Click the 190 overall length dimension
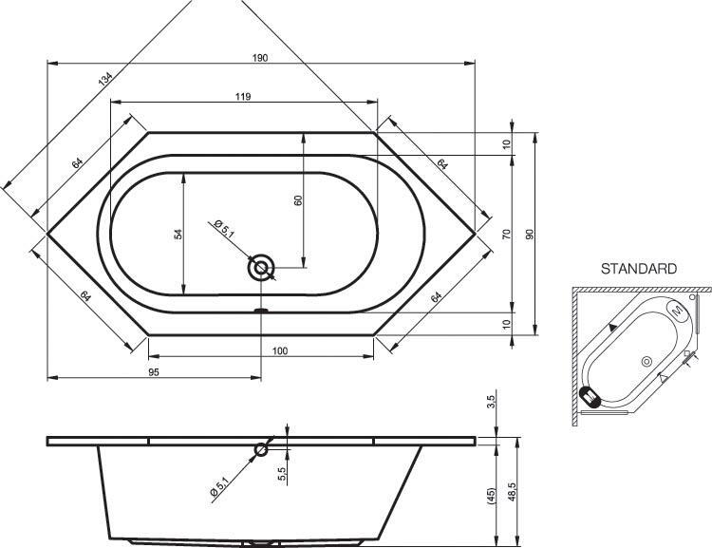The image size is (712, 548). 260,58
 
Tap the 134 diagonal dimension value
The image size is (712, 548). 104,79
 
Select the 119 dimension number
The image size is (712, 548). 243,96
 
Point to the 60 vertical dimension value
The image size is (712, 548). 298,200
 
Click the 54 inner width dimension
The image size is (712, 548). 178,234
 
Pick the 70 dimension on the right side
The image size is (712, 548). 507,234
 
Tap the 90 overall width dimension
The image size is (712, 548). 530,234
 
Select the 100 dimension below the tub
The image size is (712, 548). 280,350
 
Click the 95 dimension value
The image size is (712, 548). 154,372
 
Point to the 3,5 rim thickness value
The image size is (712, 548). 492,402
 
